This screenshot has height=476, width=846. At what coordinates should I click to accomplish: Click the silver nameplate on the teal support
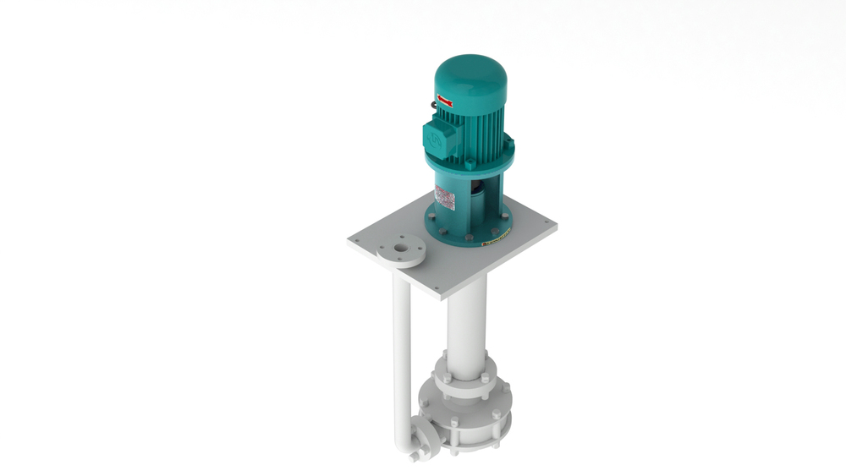pos(445,200)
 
